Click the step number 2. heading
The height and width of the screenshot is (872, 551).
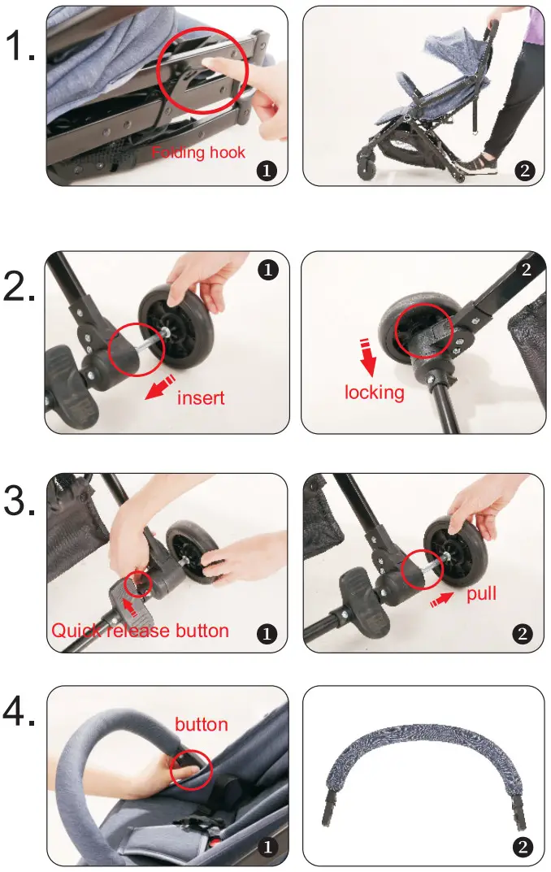[x=20, y=288]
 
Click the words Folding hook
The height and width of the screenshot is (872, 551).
[x=198, y=153]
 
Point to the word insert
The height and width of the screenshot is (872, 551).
[x=201, y=398]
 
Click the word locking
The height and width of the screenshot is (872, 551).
[x=374, y=393]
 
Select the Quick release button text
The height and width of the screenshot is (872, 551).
[x=140, y=631]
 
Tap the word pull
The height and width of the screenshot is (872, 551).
[x=481, y=594]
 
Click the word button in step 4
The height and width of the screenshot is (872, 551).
[x=202, y=724]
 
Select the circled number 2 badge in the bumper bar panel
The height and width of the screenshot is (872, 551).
[x=523, y=848]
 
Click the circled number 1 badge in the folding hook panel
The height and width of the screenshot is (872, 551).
[x=266, y=170]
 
